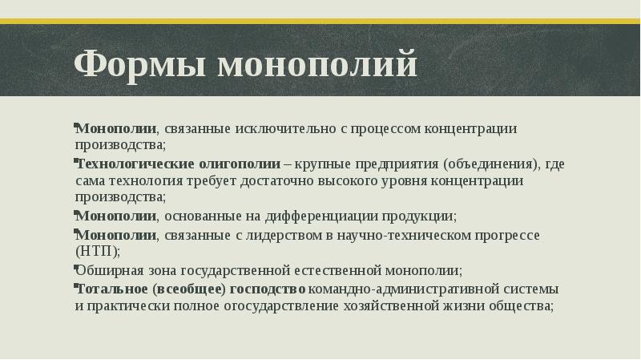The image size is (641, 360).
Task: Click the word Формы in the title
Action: pyautogui.click(x=128, y=65)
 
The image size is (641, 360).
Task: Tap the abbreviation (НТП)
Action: pyautogui.click(x=97, y=251)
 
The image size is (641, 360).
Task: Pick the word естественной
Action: pyautogui.click(x=341, y=270)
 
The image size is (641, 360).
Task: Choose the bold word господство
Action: pyautogui.click(x=268, y=289)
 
